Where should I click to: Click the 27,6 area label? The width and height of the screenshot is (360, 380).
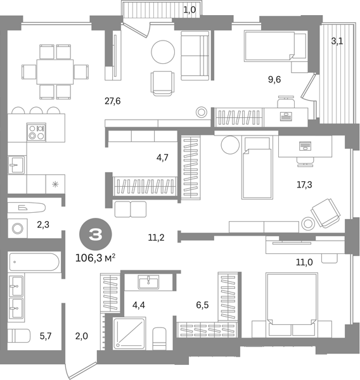113,101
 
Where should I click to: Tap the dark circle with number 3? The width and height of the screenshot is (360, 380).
96,234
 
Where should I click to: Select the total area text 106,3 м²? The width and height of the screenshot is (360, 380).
95,258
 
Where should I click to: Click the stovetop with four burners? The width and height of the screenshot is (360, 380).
36,132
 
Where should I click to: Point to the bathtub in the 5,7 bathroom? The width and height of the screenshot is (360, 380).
34,262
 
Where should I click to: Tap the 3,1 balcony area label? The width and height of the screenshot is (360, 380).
337,41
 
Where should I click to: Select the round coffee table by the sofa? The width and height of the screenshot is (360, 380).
163,52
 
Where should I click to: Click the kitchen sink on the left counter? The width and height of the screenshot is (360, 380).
16,165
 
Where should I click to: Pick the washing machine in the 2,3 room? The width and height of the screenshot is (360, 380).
18,228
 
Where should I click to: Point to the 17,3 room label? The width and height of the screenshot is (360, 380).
304,185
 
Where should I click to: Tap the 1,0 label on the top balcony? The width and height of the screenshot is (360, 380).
190,10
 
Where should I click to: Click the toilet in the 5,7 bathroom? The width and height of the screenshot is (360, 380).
19,336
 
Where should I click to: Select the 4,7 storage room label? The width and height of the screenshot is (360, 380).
162,158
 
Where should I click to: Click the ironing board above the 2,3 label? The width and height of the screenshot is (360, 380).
27,208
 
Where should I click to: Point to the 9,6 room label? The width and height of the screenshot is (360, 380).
274,80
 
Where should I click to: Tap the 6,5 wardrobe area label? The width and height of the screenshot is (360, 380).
202,305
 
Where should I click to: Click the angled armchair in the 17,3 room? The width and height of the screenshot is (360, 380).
326,213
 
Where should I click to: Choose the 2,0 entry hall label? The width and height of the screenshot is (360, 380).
82,336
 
